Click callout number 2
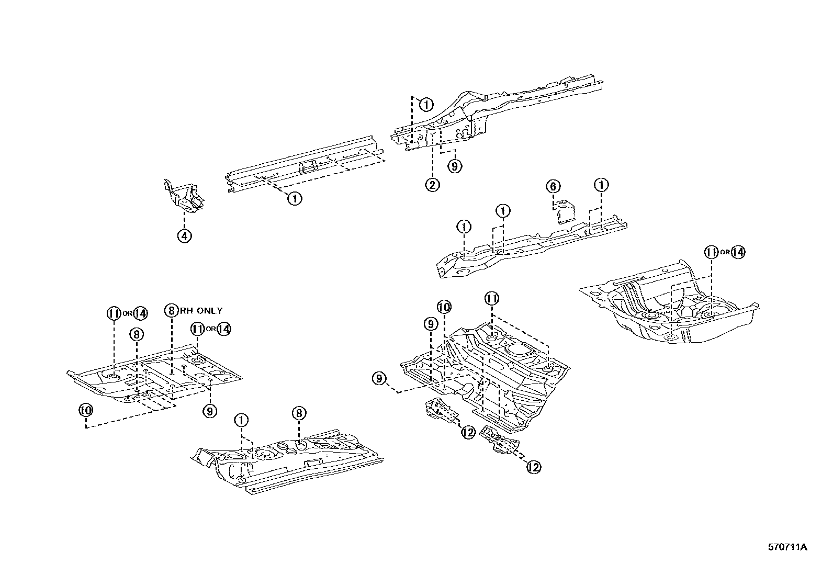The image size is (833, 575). point(432,185)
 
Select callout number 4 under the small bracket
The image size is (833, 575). point(184,236)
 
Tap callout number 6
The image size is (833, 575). point(553,186)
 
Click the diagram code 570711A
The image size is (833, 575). point(787,548)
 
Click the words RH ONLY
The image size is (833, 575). point(201,311)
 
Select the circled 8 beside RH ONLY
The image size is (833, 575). point(171,311)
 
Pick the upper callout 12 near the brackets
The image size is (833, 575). point(468,432)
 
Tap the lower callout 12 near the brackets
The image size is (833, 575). point(533,467)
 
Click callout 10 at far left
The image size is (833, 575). point(86,410)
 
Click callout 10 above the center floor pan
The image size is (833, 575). point(444,307)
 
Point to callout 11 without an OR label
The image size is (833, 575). point(491,299)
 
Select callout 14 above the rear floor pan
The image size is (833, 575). point(737,252)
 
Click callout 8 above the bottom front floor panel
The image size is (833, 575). point(298,414)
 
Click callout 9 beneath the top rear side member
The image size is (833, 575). point(455,166)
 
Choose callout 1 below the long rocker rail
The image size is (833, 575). point(295,199)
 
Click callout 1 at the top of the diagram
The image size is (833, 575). point(426,105)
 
